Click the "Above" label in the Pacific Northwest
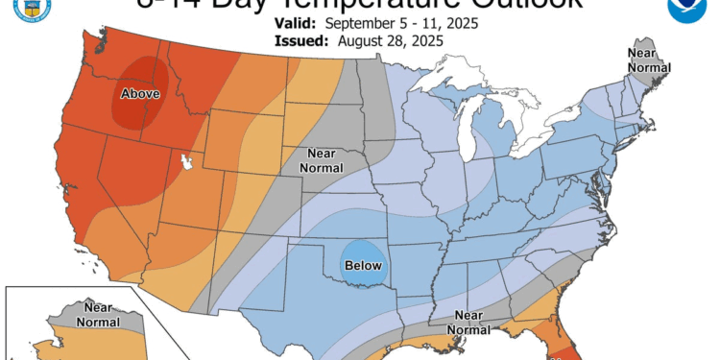pyautogui.click(x=139, y=93)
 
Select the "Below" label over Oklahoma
pyautogui.click(x=363, y=265)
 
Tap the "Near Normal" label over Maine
pyautogui.click(x=644, y=60)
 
